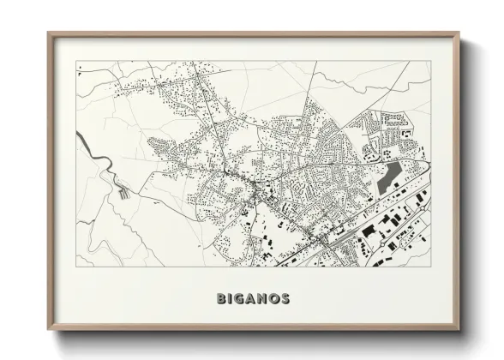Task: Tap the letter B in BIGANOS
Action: pyautogui.click(x=223, y=299)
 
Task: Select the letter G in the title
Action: pyautogui.click(x=242, y=299)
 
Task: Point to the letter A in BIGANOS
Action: pyautogui.click(x=253, y=299)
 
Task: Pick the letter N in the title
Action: pyautogui.click(x=264, y=299)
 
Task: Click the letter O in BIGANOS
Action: pyautogui.click(x=275, y=299)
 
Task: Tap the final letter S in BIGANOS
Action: pyautogui.click(x=285, y=299)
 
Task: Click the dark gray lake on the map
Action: pyautogui.click(x=388, y=177)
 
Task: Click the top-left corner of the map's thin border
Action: pyautogui.click(x=76, y=62)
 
